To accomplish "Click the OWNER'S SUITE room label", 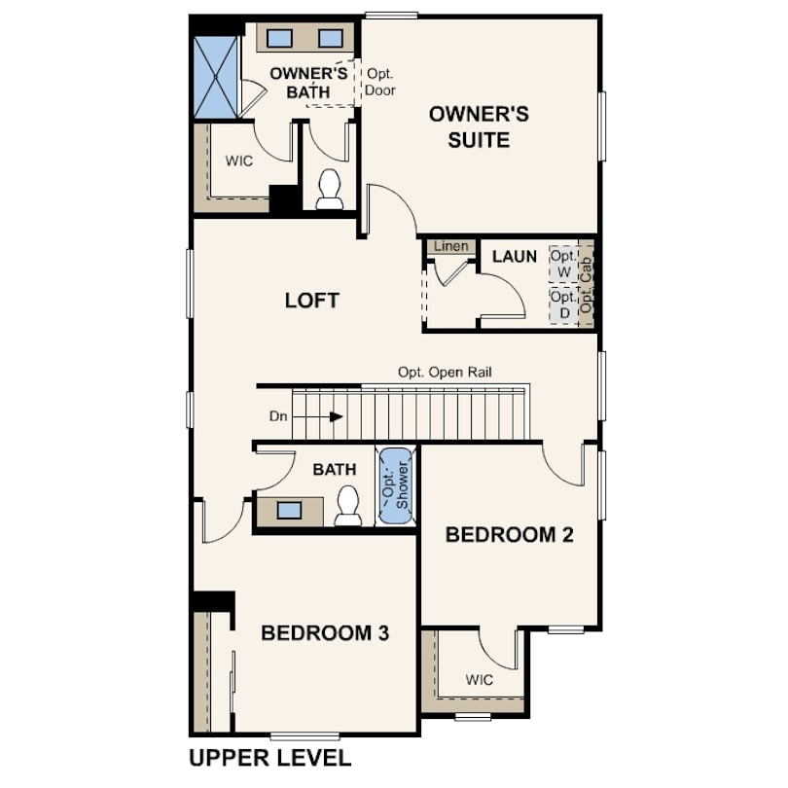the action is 479,127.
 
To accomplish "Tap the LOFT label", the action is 312,301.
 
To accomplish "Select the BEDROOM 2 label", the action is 509,535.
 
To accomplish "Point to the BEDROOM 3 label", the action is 325,632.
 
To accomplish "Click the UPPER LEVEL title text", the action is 269,758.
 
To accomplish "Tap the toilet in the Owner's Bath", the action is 330,190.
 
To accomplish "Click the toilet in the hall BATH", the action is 347,506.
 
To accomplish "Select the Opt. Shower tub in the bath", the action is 396,486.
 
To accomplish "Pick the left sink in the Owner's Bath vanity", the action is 279,38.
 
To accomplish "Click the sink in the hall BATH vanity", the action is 290,511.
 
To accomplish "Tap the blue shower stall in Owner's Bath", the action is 216,78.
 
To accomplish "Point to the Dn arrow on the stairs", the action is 317,416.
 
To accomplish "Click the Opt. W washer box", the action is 563,264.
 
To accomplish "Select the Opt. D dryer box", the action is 563,305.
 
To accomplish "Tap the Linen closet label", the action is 450,246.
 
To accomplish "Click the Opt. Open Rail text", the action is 445,373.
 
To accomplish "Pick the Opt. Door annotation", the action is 380,82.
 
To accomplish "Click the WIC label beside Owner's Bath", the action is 239,161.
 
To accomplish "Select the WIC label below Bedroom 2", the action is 479,680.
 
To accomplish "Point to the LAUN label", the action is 515,257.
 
